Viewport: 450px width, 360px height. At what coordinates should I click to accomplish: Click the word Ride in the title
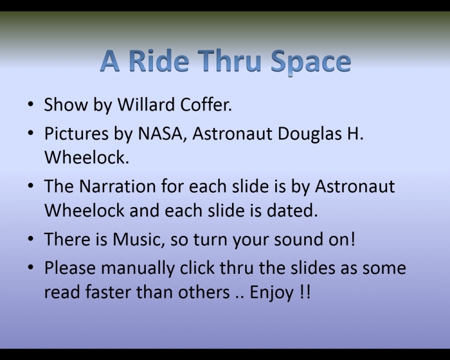pyautogui.click(x=159, y=61)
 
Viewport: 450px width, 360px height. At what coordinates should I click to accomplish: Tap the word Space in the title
pyautogui.click(x=310, y=62)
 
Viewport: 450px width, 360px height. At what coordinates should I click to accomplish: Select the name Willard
pyautogui.click(x=146, y=104)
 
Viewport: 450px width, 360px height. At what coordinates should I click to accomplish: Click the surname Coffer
pyautogui.click(x=206, y=104)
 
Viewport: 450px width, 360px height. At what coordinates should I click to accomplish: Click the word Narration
pyautogui.click(x=117, y=186)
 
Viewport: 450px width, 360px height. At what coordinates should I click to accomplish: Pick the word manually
pyautogui.click(x=138, y=269)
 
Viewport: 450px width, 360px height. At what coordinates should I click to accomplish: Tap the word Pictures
pyautogui.click(x=76, y=134)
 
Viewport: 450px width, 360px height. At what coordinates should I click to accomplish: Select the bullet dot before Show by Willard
pyautogui.click(x=31, y=104)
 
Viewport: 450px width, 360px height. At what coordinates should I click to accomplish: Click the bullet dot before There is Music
pyautogui.click(x=31, y=239)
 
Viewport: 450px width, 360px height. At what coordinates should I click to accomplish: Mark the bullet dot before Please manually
pyautogui.click(x=31, y=267)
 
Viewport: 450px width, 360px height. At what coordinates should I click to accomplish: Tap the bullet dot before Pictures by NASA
pyautogui.click(x=31, y=134)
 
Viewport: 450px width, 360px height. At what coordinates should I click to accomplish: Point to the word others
pyautogui.click(x=204, y=292)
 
